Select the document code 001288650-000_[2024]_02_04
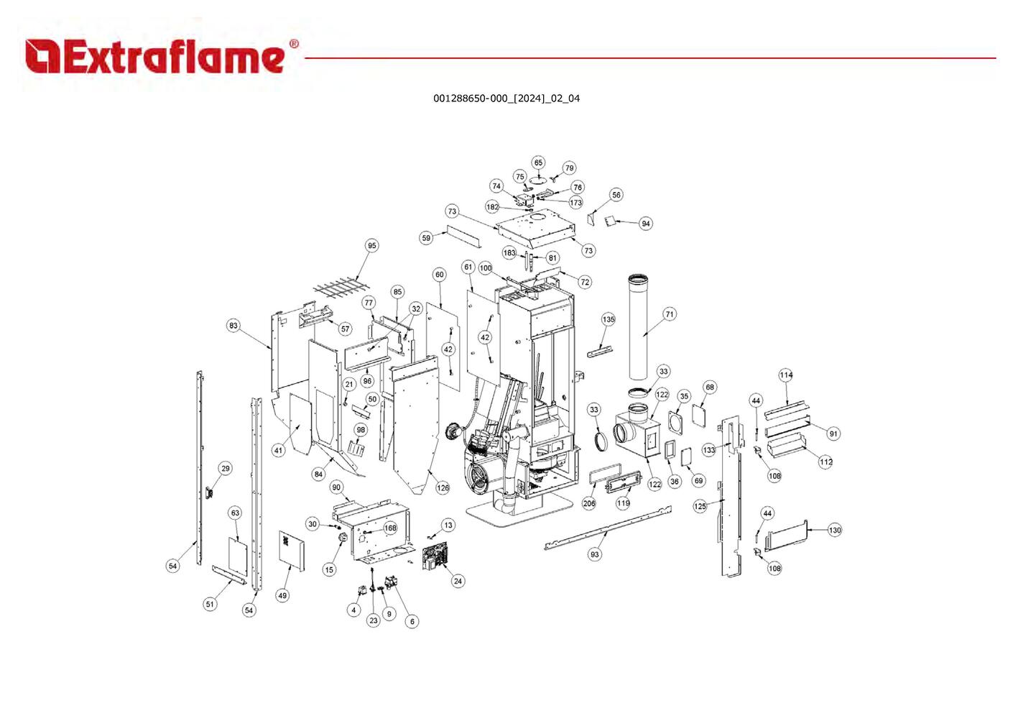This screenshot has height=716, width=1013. click(x=506, y=98)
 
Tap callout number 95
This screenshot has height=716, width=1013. click(x=371, y=246)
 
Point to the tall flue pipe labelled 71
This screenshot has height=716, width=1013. click(x=639, y=327)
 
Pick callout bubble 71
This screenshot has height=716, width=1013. click(x=670, y=314)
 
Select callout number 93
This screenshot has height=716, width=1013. click(x=594, y=554)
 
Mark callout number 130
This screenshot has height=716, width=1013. click(x=834, y=530)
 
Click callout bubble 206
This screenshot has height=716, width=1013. click(x=589, y=503)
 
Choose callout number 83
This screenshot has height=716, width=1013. click(x=233, y=326)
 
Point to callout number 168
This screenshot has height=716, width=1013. click(x=390, y=528)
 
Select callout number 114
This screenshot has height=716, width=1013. click(x=786, y=375)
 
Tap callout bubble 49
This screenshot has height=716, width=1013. click(x=282, y=595)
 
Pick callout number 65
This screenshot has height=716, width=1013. click(x=538, y=163)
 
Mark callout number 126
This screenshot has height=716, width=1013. click(x=443, y=487)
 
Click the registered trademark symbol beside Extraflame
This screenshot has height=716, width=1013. click(x=294, y=44)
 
